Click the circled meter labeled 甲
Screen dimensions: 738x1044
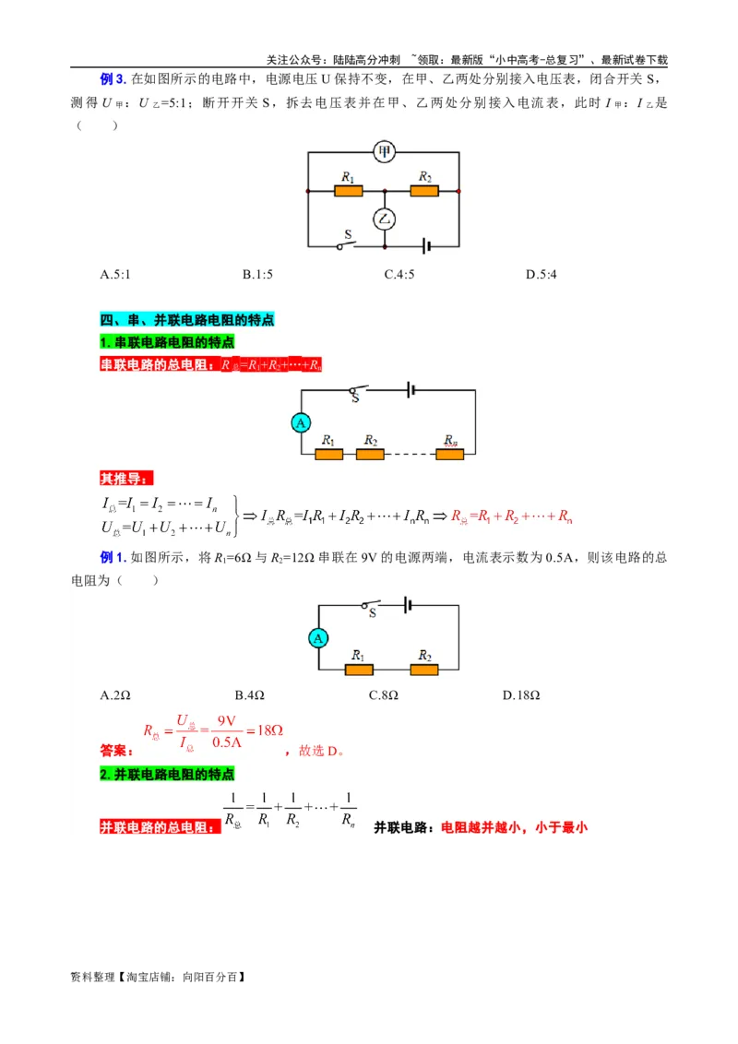384,152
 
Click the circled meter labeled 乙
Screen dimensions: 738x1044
384,219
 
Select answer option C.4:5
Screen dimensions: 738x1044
399,274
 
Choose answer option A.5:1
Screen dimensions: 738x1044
115,274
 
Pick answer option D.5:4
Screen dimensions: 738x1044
542,274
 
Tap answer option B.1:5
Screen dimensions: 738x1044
257,274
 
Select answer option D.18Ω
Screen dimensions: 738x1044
521,694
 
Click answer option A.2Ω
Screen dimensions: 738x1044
115,694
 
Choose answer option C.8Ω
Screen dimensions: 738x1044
384,694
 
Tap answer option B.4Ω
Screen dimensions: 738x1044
250,694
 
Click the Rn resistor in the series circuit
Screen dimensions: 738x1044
449,454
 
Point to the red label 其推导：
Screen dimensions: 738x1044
127,479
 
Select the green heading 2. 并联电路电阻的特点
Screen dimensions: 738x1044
167,774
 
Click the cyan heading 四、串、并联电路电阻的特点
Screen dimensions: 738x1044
187,320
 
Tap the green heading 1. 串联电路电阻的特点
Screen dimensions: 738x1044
167,342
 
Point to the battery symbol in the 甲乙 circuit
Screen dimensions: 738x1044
427,246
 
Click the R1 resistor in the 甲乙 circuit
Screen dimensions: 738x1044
348,191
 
